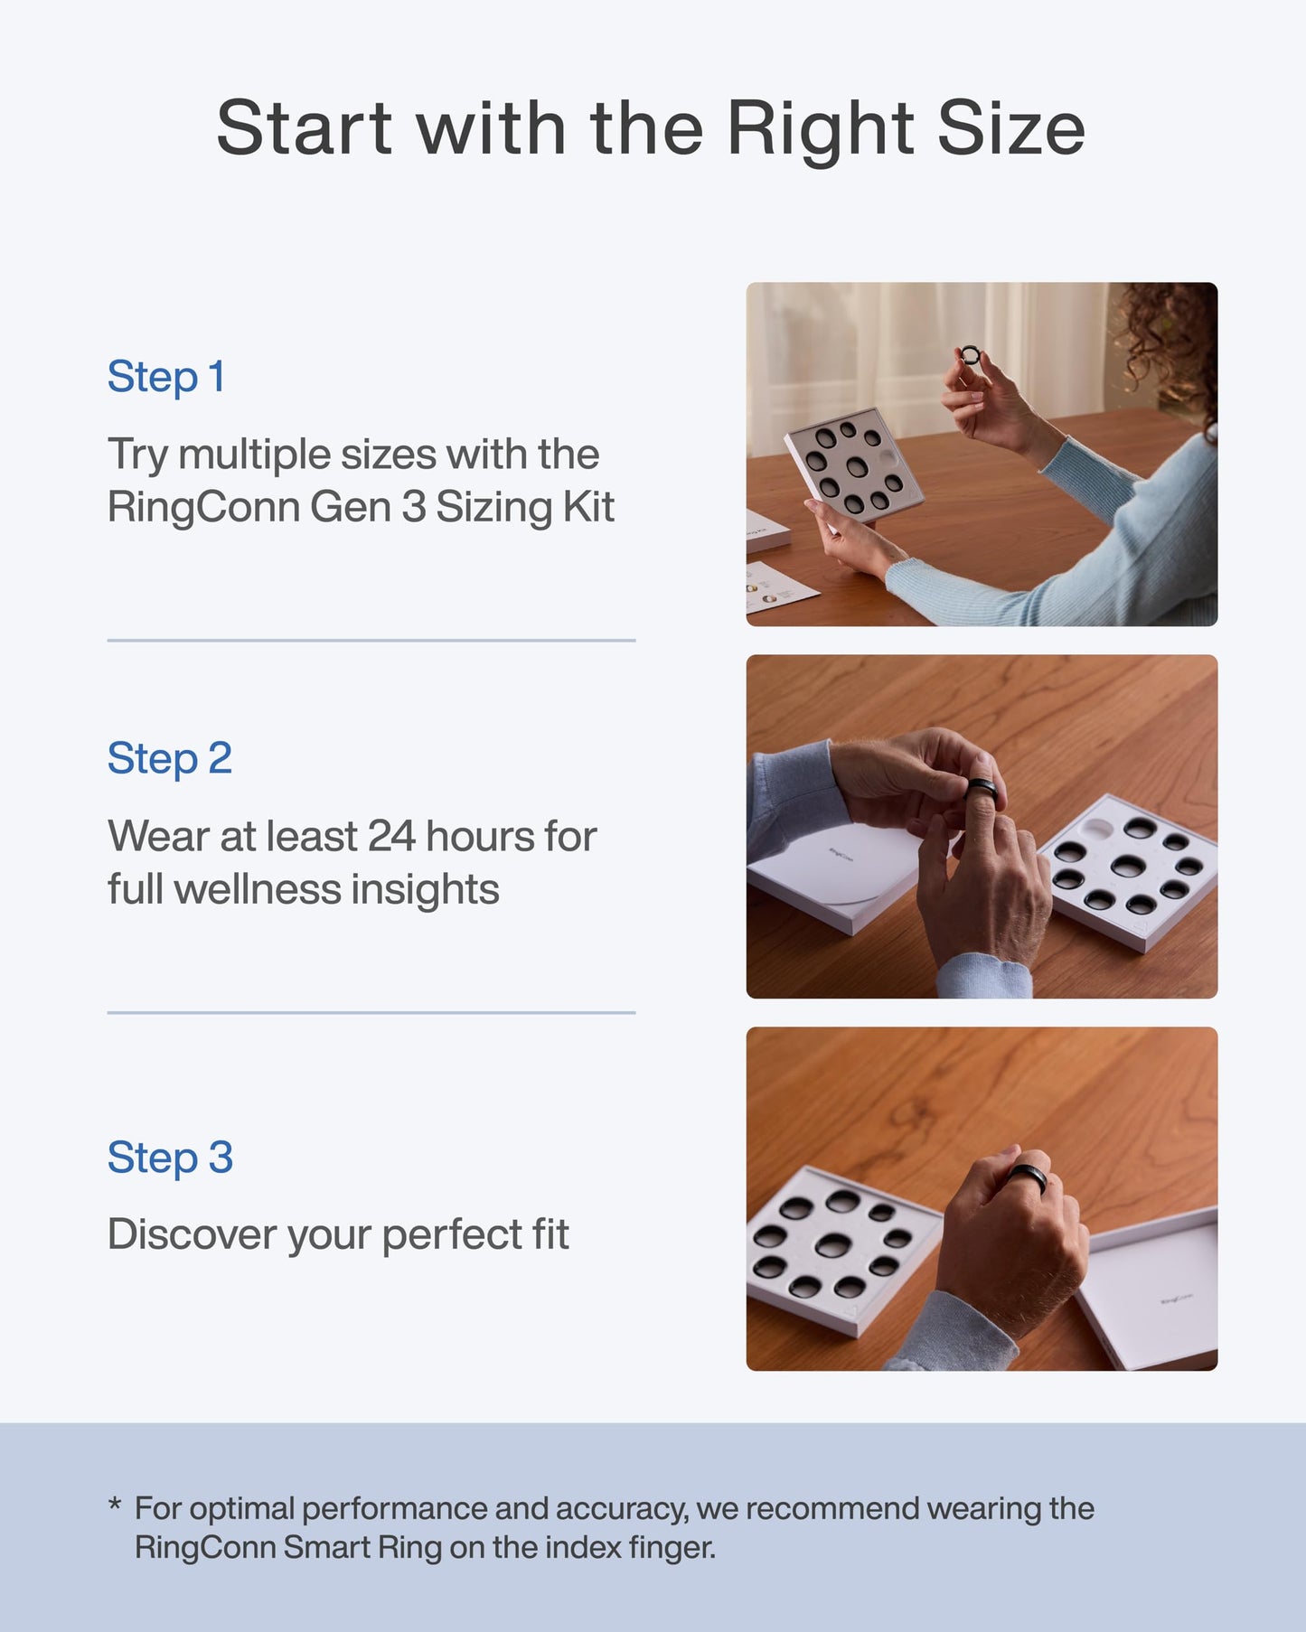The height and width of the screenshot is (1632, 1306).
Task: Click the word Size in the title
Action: click(1010, 127)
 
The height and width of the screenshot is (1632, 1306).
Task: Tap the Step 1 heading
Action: click(166, 377)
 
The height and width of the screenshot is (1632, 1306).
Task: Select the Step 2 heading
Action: click(170, 758)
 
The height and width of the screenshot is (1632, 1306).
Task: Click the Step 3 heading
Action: click(170, 1158)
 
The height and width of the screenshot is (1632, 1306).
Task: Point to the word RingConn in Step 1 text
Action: click(203, 507)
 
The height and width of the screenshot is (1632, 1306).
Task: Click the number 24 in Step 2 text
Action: click(392, 837)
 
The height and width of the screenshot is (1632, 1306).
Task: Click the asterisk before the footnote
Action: click(115, 1505)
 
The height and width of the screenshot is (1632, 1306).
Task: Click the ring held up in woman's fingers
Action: click(970, 354)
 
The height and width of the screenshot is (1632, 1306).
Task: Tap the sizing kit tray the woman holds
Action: click(853, 466)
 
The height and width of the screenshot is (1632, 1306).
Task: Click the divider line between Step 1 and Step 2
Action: click(371, 641)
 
